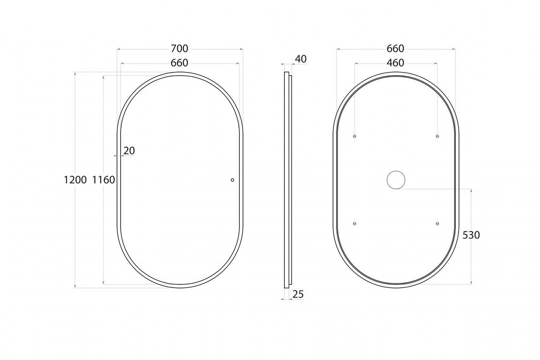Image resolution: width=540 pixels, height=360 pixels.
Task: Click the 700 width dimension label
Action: tap(180, 49)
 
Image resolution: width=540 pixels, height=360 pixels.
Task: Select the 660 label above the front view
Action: tap(180, 63)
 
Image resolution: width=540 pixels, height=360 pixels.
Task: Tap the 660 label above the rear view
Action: tap(396, 49)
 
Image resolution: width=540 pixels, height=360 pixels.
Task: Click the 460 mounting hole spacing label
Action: tap(396, 63)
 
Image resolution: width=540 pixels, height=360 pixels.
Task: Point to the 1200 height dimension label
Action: tap(75, 180)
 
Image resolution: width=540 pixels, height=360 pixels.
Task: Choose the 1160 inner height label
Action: tap(103, 180)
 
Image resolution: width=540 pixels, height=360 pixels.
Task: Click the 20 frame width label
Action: tap(129, 151)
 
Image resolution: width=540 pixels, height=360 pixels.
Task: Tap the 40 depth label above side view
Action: tap(301, 59)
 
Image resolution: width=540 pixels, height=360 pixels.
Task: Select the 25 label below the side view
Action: tap(298, 294)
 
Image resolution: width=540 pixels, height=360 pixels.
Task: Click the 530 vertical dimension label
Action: tap(471, 235)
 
